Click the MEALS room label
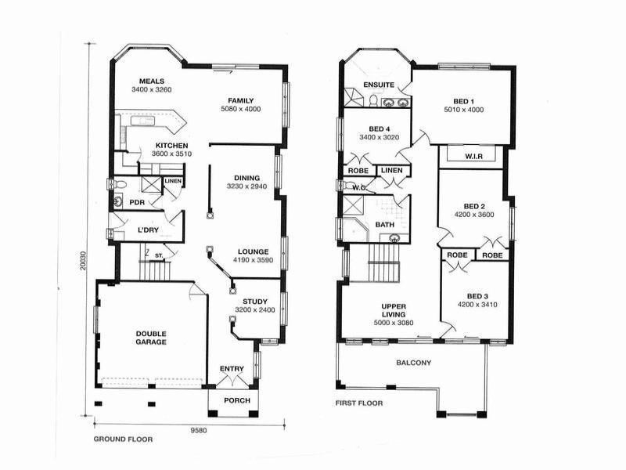click(x=151, y=81)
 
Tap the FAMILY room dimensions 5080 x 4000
click(x=240, y=110)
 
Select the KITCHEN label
click(x=171, y=146)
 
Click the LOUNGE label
click(x=254, y=251)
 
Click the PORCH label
click(x=236, y=401)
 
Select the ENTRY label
click(x=232, y=369)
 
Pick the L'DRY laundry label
click(x=149, y=230)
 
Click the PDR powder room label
click(x=137, y=202)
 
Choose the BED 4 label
click(x=379, y=128)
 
